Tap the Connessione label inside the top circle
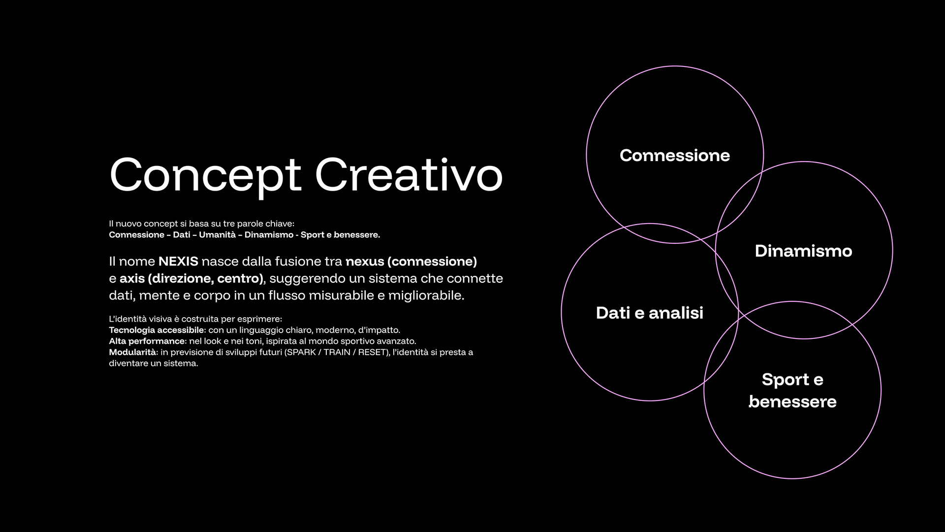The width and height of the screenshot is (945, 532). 675,155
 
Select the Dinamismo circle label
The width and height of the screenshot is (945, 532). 803,251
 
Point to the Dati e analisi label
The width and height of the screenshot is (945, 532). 650,313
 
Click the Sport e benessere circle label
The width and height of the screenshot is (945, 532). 792,391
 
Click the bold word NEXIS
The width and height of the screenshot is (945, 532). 178,261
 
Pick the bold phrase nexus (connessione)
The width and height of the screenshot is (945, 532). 411,262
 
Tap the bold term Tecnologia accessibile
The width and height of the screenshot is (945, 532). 156,330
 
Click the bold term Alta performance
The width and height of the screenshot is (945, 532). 147,341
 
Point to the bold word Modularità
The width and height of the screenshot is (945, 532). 132,352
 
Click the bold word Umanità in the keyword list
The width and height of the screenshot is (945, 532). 218,235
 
